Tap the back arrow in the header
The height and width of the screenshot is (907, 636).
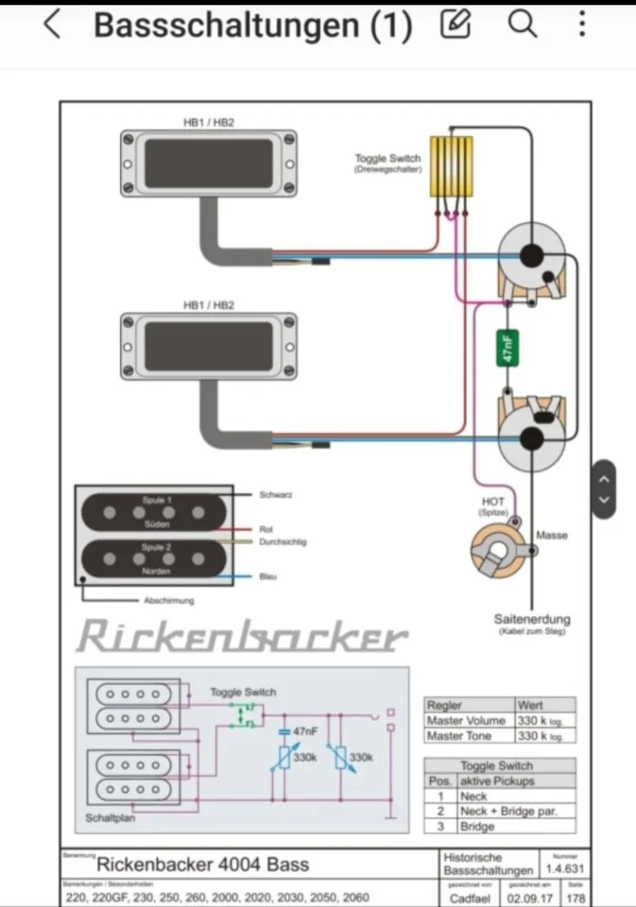pyautogui.click(x=53, y=25)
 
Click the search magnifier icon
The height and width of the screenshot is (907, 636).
pyautogui.click(x=522, y=24)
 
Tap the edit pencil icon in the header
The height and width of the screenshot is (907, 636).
pyautogui.click(x=456, y=24)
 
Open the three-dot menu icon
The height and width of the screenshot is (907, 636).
pyautogui.click(x=582, y=24)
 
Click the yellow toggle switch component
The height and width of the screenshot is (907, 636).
pyautogui.click(x=453, y=167)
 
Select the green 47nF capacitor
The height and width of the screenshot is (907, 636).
pyautogui.click(x=507, y=348)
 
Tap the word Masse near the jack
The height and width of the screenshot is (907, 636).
pyautogui.click(x=552, y=536)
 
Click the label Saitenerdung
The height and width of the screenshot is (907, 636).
pyautogui.click(x=532, y=620)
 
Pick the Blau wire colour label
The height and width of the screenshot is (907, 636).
pyautogui.click(x=267, y=576)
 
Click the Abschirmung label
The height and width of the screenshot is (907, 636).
pyautogui.click(x=169, y=601)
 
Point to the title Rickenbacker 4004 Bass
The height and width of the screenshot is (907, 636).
pyautogui.click(x=202, y=864)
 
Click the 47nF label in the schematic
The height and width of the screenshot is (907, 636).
pyautogui.click(x=304, y=732)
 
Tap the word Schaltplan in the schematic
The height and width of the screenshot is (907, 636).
pyautogui.click(x=110, y=818)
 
